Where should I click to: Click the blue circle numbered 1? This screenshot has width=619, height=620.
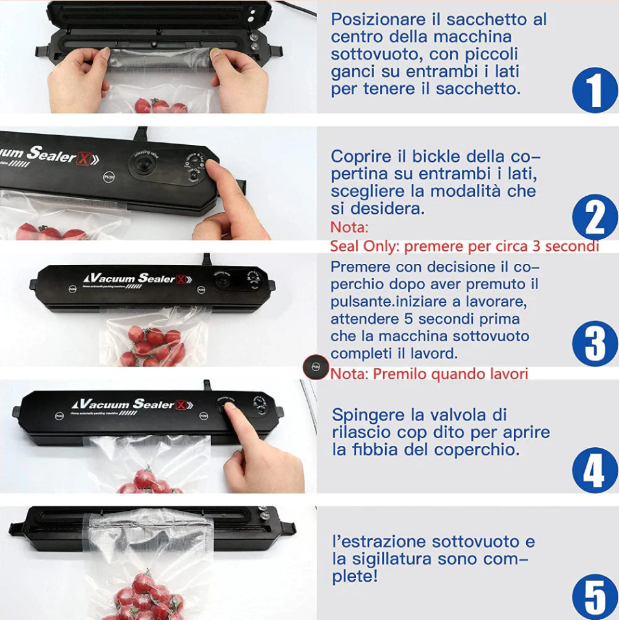pos(594,90)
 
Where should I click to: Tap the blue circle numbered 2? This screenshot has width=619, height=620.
pos(594,217)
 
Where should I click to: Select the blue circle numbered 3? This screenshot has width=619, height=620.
pos(594,343)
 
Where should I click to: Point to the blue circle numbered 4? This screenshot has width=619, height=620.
pos(594,470)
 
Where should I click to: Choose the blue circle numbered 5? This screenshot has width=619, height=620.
pos(594,595)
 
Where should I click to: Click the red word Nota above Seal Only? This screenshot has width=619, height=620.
pos(349,227)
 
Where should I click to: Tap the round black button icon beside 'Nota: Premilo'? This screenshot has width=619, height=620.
pos(316,367)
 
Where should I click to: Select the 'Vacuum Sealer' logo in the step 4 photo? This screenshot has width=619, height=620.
pos(133,404)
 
